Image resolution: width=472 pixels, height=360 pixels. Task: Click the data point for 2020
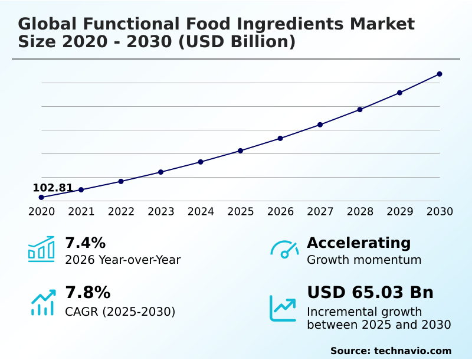pos(41,197)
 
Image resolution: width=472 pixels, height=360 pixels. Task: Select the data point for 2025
pos(241,150)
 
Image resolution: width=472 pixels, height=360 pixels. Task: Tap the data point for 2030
pos(440,74)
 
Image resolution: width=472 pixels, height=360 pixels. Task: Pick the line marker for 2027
pos(320,125)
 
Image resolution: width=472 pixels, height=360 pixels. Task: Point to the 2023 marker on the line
pos(160,172)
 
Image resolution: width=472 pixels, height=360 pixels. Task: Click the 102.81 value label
pos(53,188)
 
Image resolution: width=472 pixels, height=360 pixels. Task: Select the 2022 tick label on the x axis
pos(121,212)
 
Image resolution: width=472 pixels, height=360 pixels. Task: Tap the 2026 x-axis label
pos(280,212)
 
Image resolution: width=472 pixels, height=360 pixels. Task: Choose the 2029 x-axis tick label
pos(400,212)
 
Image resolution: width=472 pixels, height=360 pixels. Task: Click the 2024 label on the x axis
pos(201,212)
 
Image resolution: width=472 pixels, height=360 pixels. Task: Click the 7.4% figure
pos(85,243)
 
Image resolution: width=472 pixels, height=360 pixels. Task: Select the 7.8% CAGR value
pos(87,292)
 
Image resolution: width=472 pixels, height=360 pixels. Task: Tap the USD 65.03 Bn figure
pos(370,292)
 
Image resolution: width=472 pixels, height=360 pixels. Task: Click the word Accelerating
pos(359,243)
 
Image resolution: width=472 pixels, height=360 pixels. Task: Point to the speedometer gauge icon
pos(284,249)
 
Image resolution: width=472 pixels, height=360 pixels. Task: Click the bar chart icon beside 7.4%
pos(41,249)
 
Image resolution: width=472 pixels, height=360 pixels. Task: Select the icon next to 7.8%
pos(42,303)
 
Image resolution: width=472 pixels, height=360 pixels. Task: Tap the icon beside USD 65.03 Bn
pos(283,308)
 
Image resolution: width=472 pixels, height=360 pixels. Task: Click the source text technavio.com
pos(412,351)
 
